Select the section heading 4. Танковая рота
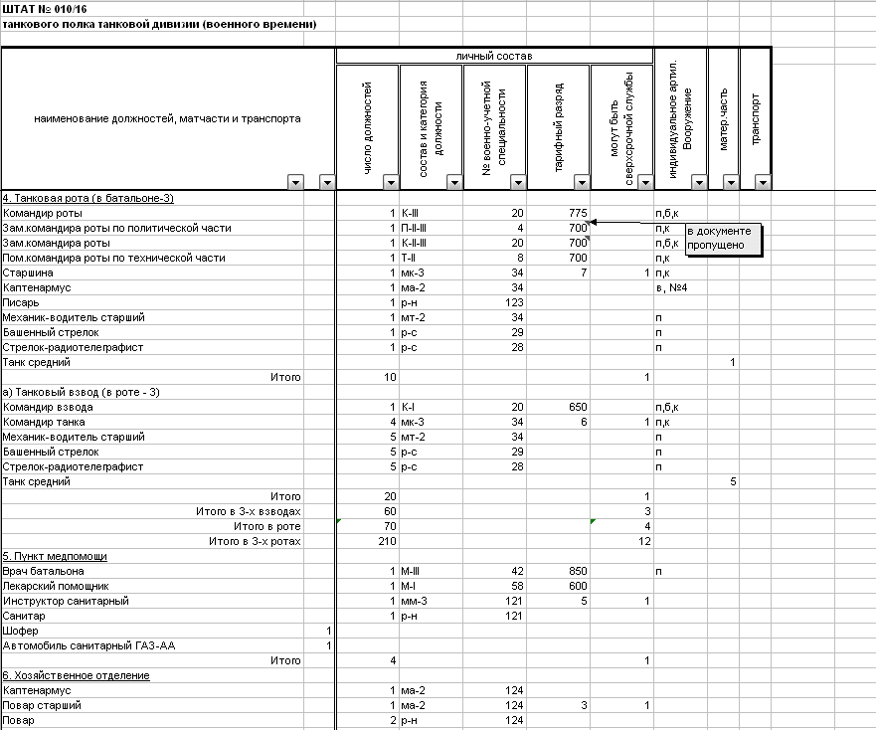88,198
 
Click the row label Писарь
21,302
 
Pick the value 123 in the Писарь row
513,302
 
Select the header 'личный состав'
493,56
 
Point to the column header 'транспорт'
756,119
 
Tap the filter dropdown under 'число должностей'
390,182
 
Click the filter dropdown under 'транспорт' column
763,182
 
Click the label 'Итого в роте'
266,526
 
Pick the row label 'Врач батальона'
44,571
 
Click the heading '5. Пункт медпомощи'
55,556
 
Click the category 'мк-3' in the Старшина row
413,273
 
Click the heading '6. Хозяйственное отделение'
76,675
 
